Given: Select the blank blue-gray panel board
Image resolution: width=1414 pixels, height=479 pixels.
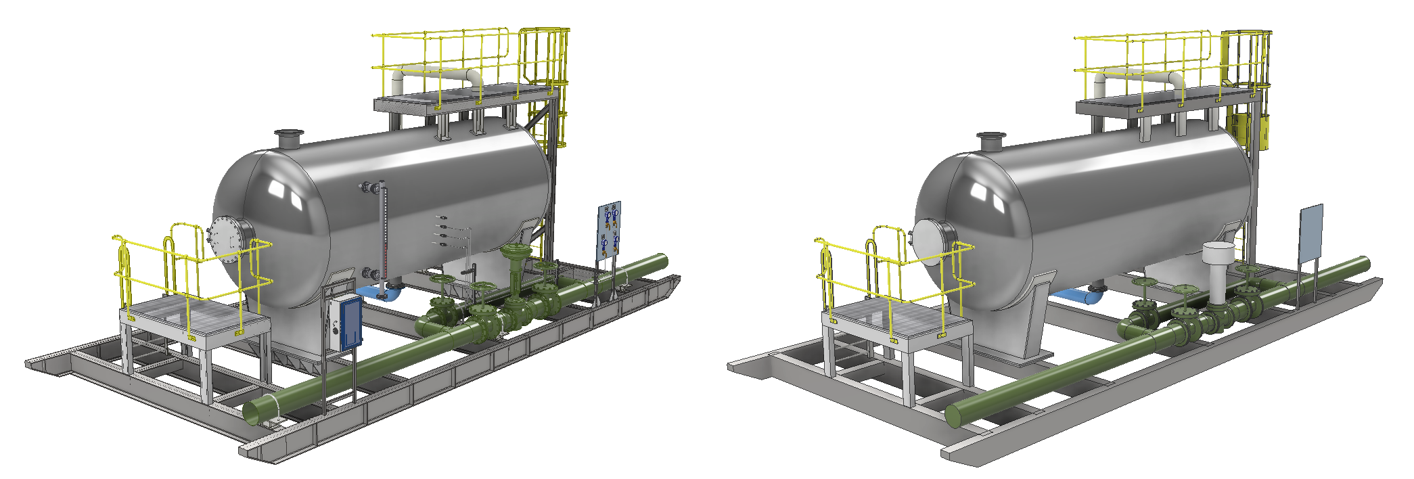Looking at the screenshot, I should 1310,233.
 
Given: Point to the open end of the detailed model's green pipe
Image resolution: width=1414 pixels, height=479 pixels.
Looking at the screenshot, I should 259,411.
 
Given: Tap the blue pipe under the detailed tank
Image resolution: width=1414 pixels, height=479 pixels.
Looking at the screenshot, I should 371,292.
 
